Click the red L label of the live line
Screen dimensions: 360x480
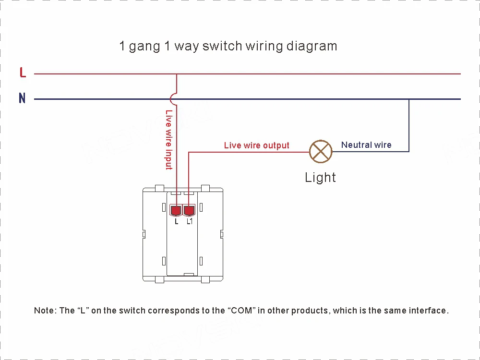(x=23, y=73)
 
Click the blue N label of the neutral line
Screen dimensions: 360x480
(x=22, y=98)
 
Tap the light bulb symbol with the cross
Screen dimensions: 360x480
(x=320, y=152)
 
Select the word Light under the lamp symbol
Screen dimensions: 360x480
(x=320, y=178)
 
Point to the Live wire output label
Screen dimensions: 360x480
(x=256, y=145)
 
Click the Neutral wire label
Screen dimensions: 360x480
(x=366, y=145)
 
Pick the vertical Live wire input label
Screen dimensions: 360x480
(x=168, y=140)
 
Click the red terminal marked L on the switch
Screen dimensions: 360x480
(x=177, y=210)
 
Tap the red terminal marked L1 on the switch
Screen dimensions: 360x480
(x=190, y=210)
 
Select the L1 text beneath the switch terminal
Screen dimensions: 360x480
(x=190, y=222)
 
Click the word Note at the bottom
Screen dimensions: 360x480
(x=45, y=311)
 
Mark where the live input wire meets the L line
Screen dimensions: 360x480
(x=177, y=74)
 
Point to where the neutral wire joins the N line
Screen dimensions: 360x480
(x=409, y=99)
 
